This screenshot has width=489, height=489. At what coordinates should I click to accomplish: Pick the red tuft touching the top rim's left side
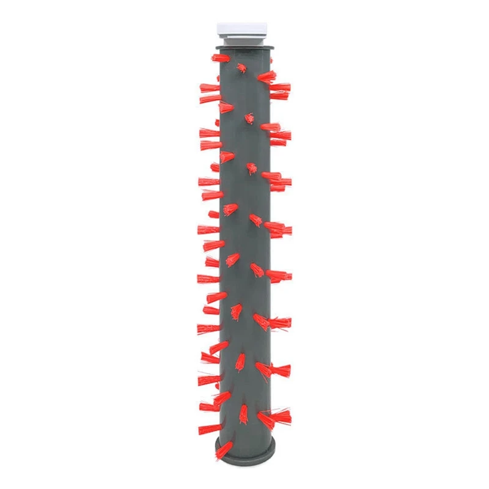(220, 58)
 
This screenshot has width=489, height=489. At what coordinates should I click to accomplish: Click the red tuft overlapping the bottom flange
(224, 451)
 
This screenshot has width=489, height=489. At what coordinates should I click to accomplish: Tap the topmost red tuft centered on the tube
(242, 67)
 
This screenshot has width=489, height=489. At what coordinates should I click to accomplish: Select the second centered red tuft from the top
(249, 117)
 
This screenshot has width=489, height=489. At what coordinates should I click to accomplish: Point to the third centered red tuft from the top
(251, 167)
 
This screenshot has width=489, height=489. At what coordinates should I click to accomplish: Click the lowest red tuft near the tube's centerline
(244, 412)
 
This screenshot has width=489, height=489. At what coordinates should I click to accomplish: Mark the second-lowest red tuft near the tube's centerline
(240, 362)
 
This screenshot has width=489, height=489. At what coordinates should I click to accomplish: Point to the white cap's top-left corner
(218, 24)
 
